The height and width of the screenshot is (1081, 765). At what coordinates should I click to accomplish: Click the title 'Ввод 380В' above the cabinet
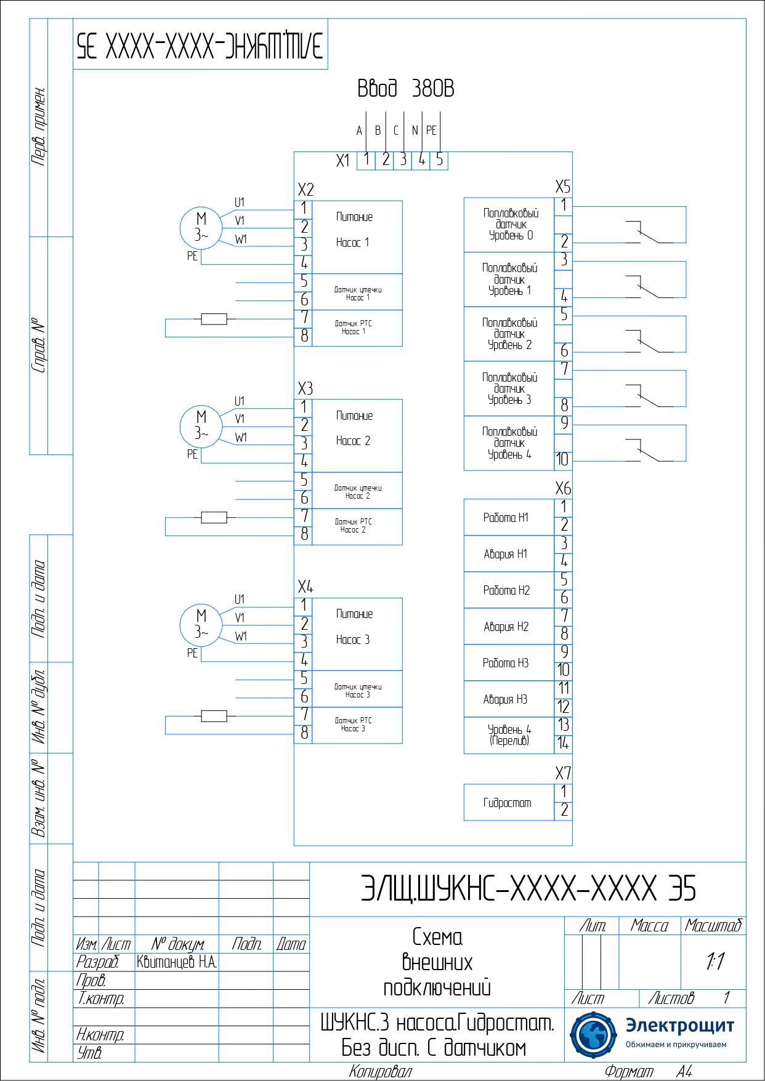click(405, 89)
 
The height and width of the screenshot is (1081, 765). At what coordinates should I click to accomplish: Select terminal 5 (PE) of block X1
click(439, 160)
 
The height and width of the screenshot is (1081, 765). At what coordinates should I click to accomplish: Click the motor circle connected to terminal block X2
click(201, 228)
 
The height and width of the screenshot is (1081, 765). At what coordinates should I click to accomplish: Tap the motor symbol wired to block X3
click(201, 426)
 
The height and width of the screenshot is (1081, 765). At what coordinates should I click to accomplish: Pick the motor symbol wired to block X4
click(201, 625)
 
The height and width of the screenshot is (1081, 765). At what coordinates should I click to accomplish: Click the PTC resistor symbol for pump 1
click(214, 319)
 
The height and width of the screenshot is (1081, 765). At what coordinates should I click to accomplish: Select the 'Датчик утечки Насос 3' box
click(357, 689)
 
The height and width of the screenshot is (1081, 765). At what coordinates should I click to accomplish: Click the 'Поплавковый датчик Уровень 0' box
click(509, 225)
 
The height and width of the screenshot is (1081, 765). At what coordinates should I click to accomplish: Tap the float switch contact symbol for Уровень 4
click(647, 450)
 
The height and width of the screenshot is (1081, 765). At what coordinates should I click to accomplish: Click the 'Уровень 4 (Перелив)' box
click(509, 735)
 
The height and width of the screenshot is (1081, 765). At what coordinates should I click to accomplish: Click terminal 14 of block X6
click(564, 744)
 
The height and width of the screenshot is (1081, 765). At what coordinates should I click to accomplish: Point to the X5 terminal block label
click(563, 187)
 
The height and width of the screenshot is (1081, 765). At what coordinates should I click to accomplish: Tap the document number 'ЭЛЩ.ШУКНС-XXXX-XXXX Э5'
click(528, 888)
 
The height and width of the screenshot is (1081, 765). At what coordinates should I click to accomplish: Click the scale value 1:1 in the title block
click(714, 962)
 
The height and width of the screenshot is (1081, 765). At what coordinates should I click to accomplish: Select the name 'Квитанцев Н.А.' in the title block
click(177, 962)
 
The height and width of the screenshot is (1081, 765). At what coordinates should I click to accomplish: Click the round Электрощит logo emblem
click(593, 1034)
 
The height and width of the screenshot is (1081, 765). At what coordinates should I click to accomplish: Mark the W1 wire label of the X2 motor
click(241, 239)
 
